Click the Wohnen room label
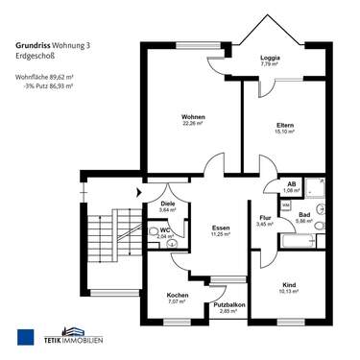pyautogui.click(x=194, y=117)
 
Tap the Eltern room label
pyautogui.click(x=284, y=126)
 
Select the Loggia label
pyautogui.click(x=270, y=59)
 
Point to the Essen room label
pyautogui.click(x=221, y=228)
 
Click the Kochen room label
pyautogui.click(x=177, y=295)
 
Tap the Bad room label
pyautogui.click(x=304, y=214)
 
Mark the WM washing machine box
pyautogui.click(x=286, y=205)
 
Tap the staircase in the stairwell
pyautogui.click(x=101, y=240)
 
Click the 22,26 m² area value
pyautogui.click(x=194, y=124)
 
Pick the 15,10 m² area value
pyautogui.click(x=284, y=132)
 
